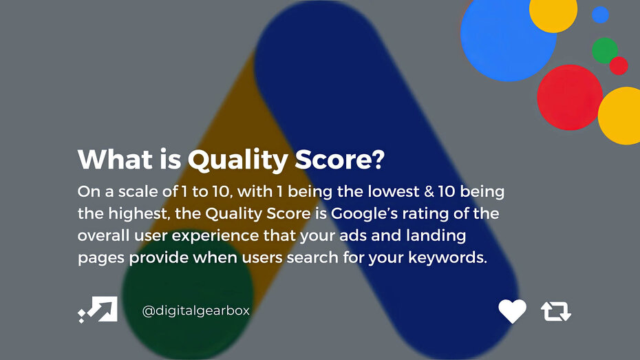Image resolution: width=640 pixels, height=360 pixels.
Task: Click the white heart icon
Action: (512, 311)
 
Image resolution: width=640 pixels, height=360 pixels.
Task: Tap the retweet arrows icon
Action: (556, 311)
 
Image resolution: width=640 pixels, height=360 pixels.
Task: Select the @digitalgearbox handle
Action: (195, 311)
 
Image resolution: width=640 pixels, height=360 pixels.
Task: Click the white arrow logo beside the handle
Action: (98, 310)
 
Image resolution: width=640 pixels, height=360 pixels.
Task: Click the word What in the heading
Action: (106, 160)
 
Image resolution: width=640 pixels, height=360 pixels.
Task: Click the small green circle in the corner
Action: (604, 50)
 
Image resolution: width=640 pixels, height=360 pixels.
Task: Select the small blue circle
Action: (601, 14)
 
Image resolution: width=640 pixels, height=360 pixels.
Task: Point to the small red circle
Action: (619, 65)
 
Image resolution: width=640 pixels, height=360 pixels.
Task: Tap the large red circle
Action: (569, 97)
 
